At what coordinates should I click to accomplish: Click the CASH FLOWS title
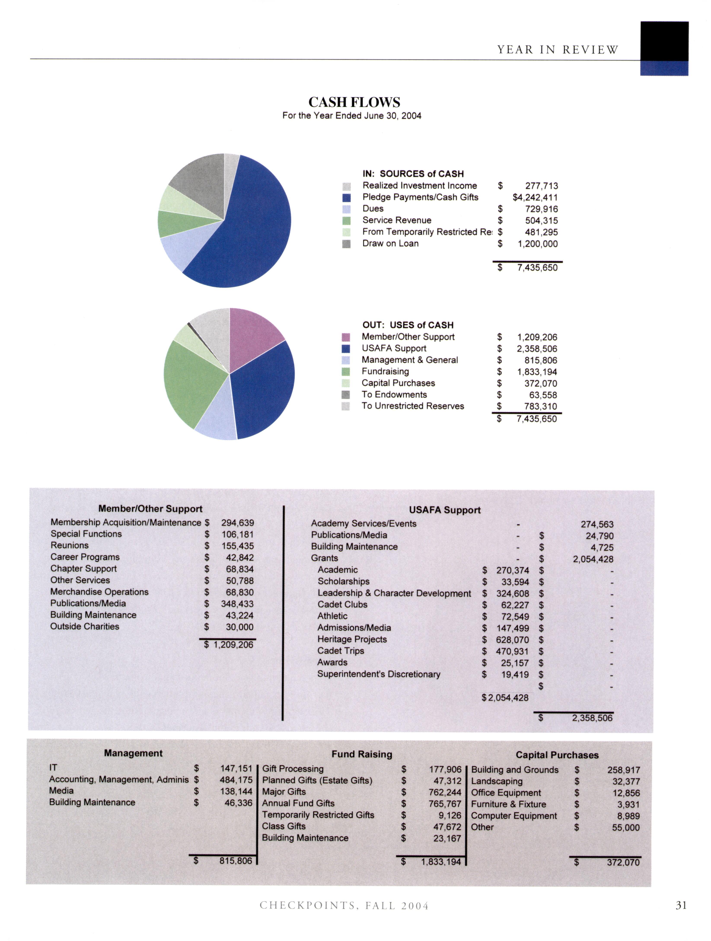(x=354, y=102)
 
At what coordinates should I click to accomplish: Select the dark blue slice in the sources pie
(x=251, y=230)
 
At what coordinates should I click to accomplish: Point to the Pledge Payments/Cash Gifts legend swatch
(x=346, y=198)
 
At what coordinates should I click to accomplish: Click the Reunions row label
(x=69, y=545)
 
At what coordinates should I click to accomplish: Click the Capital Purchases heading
(x=557, y=755)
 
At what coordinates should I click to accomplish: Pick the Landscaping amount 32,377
(x=626, y=782)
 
